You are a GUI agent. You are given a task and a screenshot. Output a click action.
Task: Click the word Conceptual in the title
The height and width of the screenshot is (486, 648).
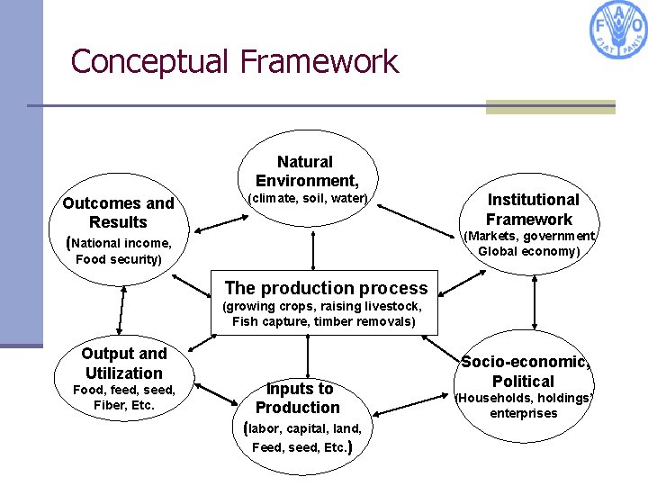[150, 61]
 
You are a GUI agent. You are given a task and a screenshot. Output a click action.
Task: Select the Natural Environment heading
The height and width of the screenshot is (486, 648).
[306, 171]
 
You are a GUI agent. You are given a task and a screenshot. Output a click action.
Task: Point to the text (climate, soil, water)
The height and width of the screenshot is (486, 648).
[308, 198]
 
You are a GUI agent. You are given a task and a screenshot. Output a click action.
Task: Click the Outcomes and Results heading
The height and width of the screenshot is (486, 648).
[118, 212]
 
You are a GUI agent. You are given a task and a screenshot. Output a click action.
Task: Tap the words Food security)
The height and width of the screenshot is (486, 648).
[119, 259]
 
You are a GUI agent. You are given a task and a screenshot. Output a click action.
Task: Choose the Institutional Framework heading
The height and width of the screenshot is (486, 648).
[531, 209]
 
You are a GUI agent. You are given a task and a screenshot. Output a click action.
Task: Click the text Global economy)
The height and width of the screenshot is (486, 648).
[529, 251]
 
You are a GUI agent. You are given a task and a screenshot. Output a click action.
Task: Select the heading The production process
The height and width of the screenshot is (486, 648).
[326, 288]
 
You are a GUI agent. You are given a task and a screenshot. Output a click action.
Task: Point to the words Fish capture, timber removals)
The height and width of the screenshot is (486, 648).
[324, 321]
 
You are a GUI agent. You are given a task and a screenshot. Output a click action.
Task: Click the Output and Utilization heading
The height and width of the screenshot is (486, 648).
[124, 363]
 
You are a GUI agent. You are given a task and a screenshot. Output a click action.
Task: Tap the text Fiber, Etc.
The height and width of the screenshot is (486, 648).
[124, 405]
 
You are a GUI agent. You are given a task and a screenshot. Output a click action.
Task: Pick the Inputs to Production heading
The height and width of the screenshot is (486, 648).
[299, 398]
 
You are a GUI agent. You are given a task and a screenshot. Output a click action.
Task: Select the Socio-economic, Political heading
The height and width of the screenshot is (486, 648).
[526, 371]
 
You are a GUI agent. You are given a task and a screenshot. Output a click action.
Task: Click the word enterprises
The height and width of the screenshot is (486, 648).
[524, 413]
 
